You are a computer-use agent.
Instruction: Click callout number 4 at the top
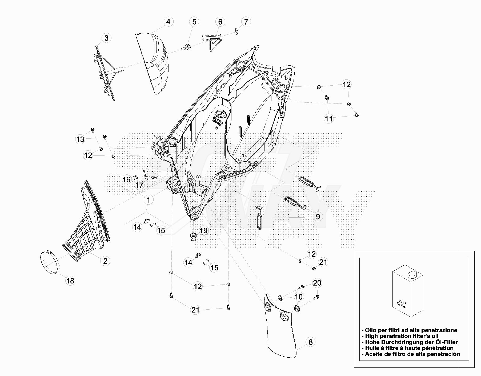tap(168, 22)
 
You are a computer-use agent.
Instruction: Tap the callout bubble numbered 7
tap(246, 22)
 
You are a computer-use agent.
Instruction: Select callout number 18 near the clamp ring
tap(70, 281)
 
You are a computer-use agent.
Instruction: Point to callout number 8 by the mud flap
tap(310, 342)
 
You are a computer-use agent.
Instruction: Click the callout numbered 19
tap(203, 230)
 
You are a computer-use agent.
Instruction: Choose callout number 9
tap(318, 217)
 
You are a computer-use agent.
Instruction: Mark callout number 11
tap(329, 118)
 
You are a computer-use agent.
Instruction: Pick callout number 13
tap(80, 139)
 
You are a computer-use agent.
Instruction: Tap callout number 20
tap(317, 283)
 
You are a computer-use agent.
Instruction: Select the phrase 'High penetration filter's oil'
tap(401, 336)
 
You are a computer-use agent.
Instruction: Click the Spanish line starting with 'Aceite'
tap(412, 354)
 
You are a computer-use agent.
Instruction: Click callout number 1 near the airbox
tap(148, 200)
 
